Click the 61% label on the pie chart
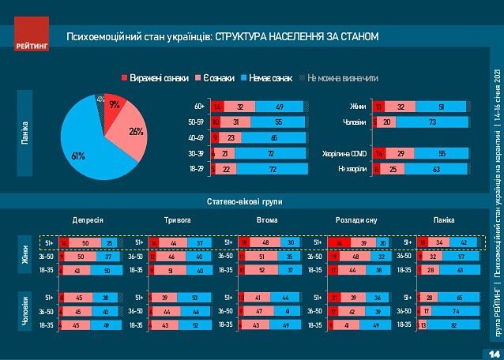click(78, 156)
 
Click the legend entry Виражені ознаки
click(154, 77)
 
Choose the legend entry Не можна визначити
click(343, 77)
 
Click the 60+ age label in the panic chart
click(200, 106)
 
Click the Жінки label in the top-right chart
click(358, 106)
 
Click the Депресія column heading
click(89, 220)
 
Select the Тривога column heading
click(179, 220)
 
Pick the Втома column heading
click(266, 220)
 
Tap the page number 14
click(495, 351)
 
